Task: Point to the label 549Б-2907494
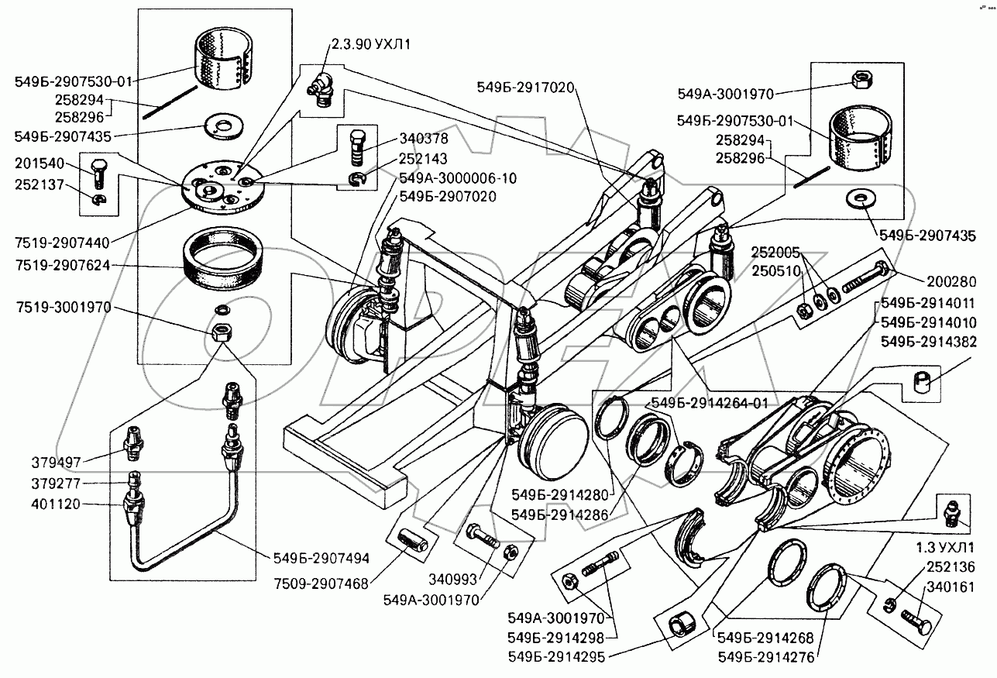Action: point(321,556)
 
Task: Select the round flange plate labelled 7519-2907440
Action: point(220,187)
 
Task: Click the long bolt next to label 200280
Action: point(868,280)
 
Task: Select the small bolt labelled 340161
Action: point(916,618)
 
